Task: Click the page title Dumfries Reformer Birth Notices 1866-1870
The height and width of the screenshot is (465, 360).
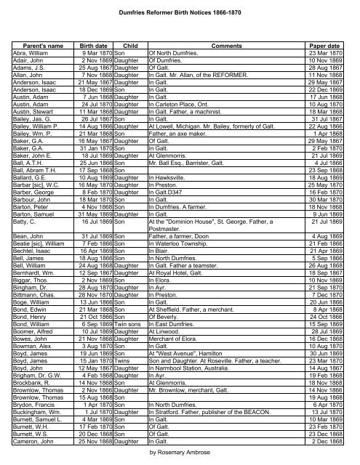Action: click(x=180, y=7)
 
